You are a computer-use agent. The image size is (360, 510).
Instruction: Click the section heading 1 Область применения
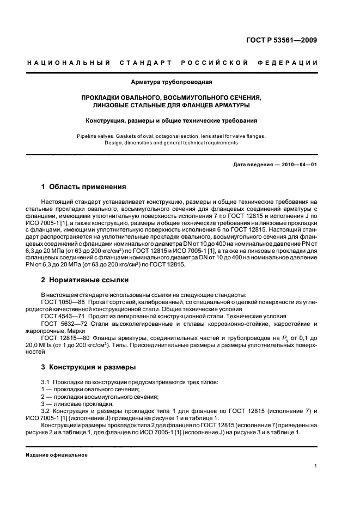click(x=84, y=186)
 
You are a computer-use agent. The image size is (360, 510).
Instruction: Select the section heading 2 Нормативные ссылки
click(x=85, y=280)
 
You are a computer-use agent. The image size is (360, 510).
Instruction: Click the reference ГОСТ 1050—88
click(x=62, y=301)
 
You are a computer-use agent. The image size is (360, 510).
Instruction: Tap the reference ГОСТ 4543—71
click(x=62, y=316)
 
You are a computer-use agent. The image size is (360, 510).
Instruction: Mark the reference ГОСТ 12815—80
click(x=63, y=338)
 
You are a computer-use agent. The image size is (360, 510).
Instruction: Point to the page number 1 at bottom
click(x=316, y=466)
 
